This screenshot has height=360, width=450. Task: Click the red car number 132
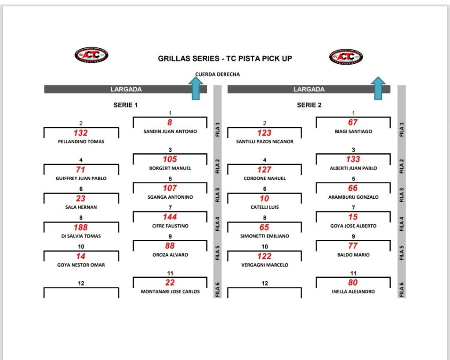(81, 133)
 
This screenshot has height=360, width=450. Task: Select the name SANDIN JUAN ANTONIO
(170, 131)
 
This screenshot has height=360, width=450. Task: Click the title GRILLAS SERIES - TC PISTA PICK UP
(225, 58)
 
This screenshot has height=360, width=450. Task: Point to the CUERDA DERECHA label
(218, 74)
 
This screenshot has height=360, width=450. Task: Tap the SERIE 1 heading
(125, 105)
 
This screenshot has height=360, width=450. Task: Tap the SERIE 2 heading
(309, 105)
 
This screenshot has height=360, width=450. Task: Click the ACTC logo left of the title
(91, 55)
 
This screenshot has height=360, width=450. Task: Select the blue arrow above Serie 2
(377, 88)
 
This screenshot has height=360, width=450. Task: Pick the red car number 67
(353, 123)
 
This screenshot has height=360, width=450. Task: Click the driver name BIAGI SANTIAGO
(353, 131)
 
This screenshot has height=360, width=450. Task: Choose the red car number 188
(81, 227)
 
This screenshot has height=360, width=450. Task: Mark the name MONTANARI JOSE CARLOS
(170, 291)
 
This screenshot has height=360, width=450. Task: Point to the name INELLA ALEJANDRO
(353, 291)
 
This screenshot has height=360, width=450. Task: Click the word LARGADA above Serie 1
(126, 89)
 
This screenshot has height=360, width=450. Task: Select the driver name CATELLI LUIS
(264, 207)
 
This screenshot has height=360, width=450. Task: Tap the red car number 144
(170, 217)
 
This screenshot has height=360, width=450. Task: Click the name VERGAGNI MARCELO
(264, 265)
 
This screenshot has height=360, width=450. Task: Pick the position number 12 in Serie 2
(265, 284)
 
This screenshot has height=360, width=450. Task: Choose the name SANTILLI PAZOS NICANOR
(265, 142)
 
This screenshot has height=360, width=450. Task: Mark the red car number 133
(353, 159)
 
